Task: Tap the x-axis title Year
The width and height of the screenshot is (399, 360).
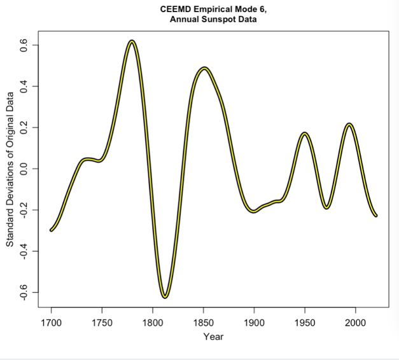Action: click(x=213, y=336)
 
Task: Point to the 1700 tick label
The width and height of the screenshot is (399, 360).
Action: click(x=51, y=322)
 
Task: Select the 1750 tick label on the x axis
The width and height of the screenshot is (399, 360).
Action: click(x=102, y=322)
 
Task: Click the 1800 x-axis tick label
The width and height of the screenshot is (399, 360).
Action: click(x=152, y=322)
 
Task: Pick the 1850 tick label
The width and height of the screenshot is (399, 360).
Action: click(x=203, y=322)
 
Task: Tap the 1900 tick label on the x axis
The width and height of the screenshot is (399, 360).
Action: click(x=254, y=322)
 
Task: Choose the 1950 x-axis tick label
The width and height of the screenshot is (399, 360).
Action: click(x=304, y=322)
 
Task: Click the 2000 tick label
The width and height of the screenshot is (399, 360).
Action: click(x=355, y=322)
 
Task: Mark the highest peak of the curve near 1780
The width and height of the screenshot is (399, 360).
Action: click(x=132, y=41)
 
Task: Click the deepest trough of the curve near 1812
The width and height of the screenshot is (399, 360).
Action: click(x=165, y=296)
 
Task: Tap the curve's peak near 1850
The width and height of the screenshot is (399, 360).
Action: click(x=204, y=68)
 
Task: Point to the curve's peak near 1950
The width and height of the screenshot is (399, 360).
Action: click(x=305, y=134)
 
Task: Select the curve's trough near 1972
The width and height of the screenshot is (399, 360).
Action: click(x=326, y=207)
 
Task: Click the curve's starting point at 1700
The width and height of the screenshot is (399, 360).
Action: click(x=51, y=230)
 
